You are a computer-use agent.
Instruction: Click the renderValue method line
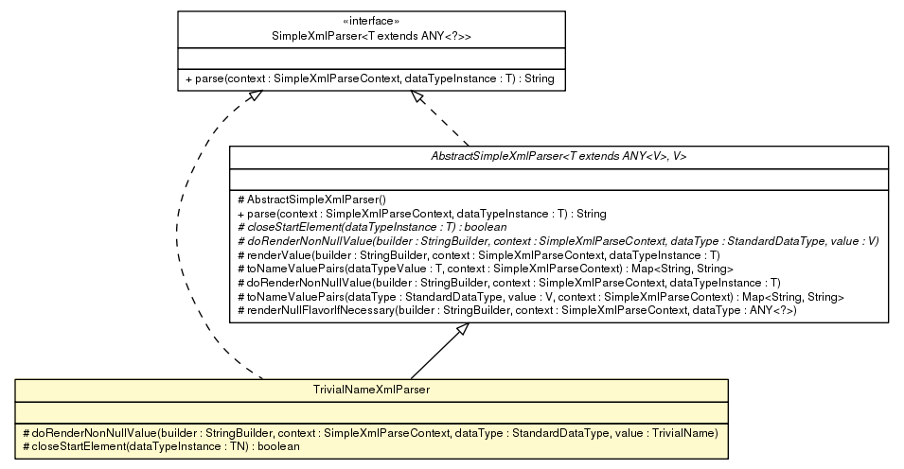coord(481,255)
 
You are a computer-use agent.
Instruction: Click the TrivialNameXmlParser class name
coord(371,389)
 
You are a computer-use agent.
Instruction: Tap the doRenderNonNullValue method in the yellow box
coord(369,432)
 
